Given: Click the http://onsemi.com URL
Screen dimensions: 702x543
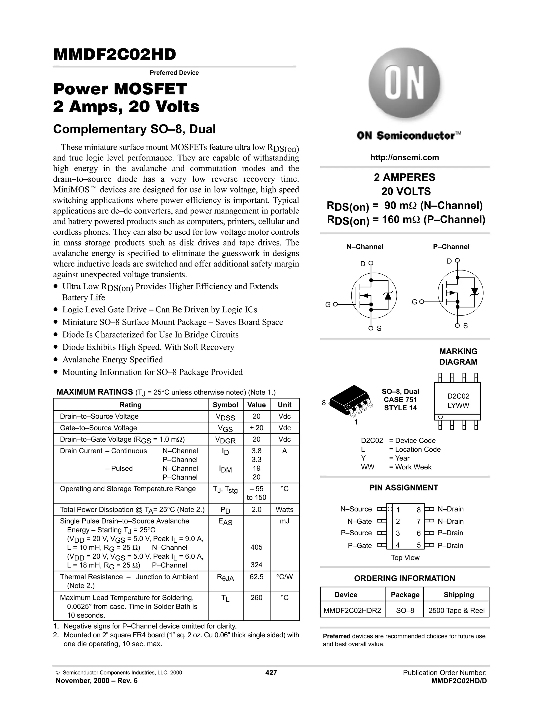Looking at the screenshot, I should tap(404, 158).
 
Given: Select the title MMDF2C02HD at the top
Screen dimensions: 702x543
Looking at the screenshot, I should tap(115, 55).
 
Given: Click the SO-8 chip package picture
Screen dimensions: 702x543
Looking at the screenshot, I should tap(351, 401).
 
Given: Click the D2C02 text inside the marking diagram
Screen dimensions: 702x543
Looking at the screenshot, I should tap(458, 396).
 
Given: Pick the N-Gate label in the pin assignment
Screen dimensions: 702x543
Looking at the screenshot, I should tap(359, 521).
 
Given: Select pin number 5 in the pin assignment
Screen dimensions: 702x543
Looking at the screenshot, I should tap(418, 545).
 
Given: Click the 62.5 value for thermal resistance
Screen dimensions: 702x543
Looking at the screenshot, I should tap(256, 577).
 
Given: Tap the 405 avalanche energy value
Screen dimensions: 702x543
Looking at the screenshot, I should tap(256, 547).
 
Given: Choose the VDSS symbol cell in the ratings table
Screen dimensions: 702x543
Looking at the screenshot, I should tap(226, 417).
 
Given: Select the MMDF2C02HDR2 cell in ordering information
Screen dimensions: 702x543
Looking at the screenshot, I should tap(352, 611).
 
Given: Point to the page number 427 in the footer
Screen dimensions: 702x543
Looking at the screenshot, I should tap(271, 672).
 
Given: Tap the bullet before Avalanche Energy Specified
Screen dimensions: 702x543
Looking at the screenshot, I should tap(56, 359).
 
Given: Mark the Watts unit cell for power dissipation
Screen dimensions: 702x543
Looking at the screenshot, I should tap(284, 509).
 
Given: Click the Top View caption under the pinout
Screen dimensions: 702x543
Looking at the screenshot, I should tap(405, 558).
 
